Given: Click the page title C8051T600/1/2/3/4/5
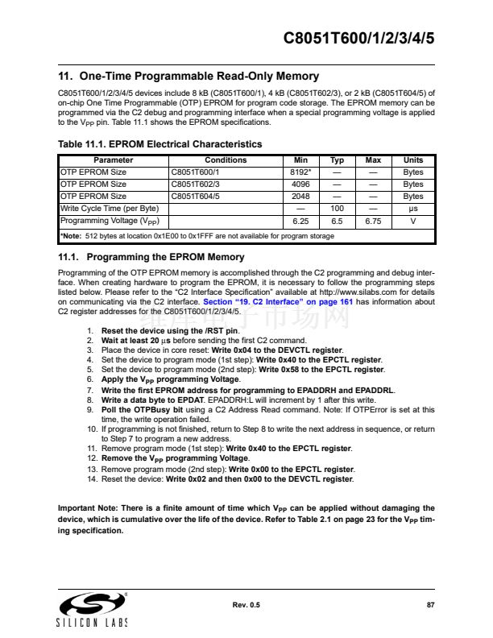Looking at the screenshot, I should pos(360,39).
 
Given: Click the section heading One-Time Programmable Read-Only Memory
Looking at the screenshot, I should pos(189,77).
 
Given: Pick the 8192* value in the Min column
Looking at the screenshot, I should pos(300,172).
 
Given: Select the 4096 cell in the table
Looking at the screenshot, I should pos(300,184).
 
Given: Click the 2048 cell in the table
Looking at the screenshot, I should pos(300,196).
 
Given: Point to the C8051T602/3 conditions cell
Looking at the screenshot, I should pos(196,184).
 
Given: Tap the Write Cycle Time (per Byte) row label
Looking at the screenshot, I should pos(110,208).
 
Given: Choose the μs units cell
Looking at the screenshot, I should pos(412,208).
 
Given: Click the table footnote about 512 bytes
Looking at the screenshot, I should pos(197,236).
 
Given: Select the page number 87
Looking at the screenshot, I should pos(430,604).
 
